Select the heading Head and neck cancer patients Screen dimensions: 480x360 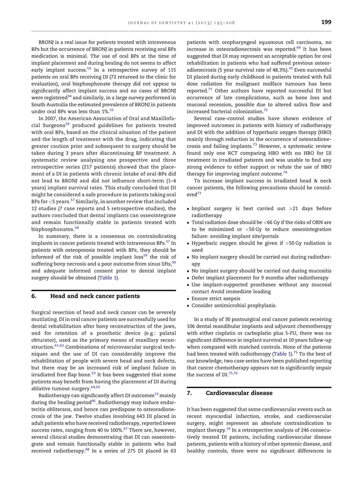pyautogui.click(x=95, y=296)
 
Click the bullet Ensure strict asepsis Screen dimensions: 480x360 pyautogui.click(x=217, y=298)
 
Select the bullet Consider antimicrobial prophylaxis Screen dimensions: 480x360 pyautogui.click(x=234, y=306)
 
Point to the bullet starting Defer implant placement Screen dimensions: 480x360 pyautogui.click(x=260, y=277)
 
